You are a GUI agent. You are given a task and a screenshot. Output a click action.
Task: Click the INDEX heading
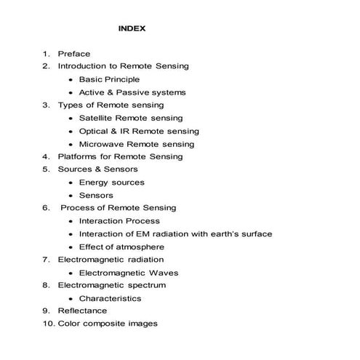coord(132,29)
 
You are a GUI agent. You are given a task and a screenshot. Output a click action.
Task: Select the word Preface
coord(74,53)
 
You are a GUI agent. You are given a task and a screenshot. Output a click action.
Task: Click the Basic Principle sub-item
coord(109,79)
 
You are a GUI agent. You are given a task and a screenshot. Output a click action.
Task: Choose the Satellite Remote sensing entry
coord(131,118)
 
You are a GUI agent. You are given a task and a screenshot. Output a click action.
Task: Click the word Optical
coord(95,131)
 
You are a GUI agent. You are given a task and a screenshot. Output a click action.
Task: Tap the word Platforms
coord(79,156)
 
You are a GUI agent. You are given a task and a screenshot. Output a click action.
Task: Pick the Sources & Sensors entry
coord(97,169)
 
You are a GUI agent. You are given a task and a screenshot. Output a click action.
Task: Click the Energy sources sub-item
coord(112,183)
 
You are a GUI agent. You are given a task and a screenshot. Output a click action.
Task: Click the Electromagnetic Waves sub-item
coord(129,273)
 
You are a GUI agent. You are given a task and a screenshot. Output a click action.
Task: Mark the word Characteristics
coord(111,298)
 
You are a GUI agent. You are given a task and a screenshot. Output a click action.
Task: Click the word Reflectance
coord(82,311)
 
